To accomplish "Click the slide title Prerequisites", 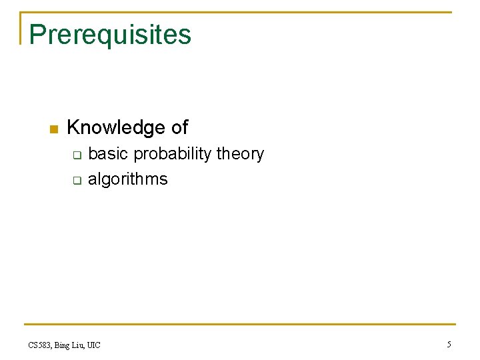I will [110, 35].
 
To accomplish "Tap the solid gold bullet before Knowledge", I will [53, 129].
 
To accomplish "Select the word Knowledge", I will [116, 127].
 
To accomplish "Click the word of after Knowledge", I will [179, 127].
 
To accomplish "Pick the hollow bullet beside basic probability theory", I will [76, 155].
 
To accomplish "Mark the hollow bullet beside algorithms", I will [76, 180].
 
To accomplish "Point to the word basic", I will [108, 154].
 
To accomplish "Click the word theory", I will [240, 155].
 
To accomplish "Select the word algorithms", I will [128, 179].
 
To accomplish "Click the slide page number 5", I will [449, 345].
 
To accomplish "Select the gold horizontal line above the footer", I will [240, 325].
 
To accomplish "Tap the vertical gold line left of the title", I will [21, 28].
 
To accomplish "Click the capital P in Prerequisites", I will [37, 34].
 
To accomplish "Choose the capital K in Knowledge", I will [74, 127].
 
